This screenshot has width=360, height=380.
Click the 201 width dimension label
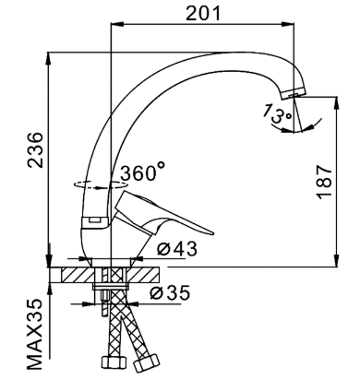[203, 13]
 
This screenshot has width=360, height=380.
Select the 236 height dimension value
[35, 150]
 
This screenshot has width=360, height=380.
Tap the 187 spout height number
[325, 182]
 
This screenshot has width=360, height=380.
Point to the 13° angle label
[276, 113]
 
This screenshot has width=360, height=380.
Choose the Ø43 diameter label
[177, 249]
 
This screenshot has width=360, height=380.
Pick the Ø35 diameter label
[170, 292]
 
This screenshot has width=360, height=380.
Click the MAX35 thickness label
[34, 334]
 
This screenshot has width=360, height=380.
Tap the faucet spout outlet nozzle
[294, 92]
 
